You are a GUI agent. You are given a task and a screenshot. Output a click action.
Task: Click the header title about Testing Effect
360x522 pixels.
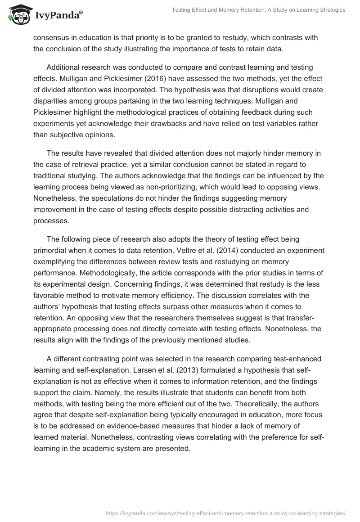click(x=258, y=10)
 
